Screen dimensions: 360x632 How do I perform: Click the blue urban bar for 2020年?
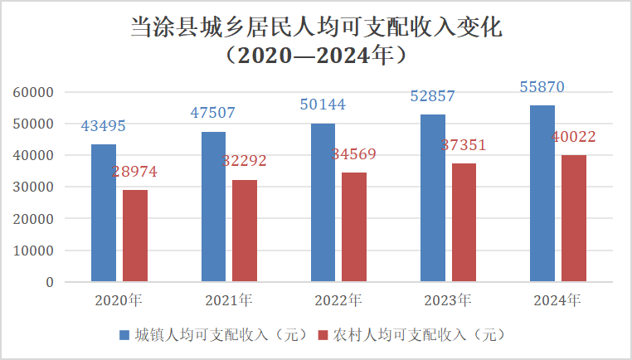click(x=104, y=212)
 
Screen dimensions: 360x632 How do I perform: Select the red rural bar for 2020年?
click(x=135, y=236)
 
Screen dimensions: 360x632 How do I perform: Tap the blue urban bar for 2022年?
click(x=323, y=202)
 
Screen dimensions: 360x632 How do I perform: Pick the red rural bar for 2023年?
click(x=464, y=222)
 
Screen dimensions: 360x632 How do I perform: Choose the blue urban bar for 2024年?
click(x=542, y=193)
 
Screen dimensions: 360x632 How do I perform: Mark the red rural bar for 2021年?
click(x=245, y=231)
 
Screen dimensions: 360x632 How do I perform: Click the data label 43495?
click(x=103, y=126)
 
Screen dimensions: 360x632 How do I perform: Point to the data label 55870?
click(x=542, y=87)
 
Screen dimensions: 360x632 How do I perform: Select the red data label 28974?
click(x=134, y=173)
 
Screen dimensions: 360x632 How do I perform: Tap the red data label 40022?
click(x=573, y=138)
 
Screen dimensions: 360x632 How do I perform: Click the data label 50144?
click(x=323, y=105)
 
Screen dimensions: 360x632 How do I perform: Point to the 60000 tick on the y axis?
click(x=36, y=92)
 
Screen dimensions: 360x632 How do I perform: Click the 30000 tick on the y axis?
click(x=36, y=187)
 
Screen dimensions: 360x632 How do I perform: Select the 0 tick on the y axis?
click(x=50, y=283)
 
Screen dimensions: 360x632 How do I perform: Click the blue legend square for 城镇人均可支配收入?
click(x=124, y=335)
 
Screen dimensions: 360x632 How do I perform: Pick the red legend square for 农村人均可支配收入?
click(x=324, y=335)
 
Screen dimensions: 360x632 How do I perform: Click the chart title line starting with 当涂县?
click(x=316, y=27)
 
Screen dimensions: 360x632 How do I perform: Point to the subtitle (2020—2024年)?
click(x=316, y=56)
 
